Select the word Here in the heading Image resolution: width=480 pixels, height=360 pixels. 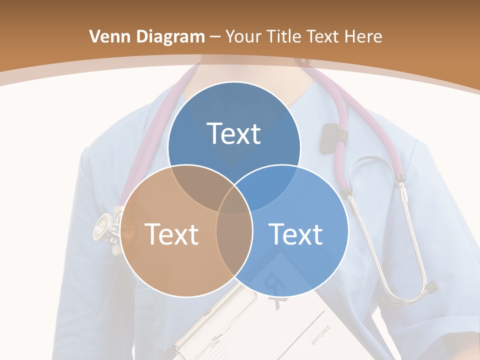[364, 36]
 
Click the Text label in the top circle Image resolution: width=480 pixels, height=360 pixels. [234, 133]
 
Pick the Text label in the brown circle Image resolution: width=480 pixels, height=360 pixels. [171, 234]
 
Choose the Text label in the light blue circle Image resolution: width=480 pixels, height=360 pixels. [295, 234]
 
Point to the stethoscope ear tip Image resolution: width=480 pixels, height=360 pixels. [429, 287]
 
